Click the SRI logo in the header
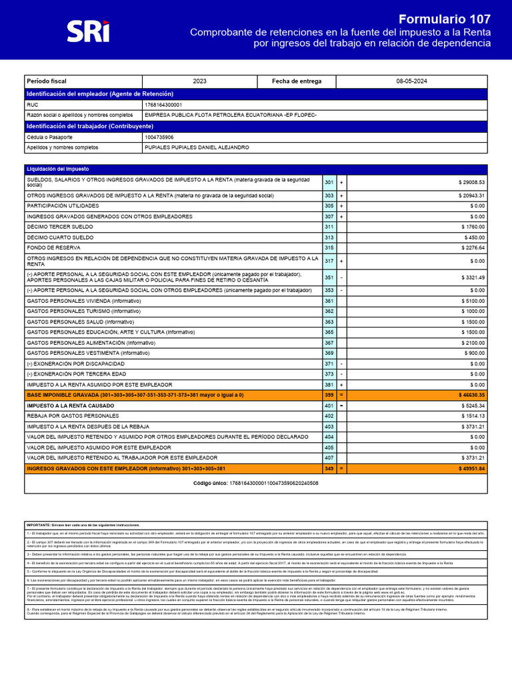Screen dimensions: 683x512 [88, 31]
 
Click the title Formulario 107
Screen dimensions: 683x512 [445, 19]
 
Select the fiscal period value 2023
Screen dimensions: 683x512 [199, 81]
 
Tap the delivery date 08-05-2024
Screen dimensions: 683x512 [411, 81]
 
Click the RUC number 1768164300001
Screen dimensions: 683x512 [163, 105]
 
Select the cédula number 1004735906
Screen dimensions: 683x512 [159, 137]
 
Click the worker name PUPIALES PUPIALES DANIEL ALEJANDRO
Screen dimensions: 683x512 [197, 147]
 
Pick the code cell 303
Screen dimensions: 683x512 [329, 195]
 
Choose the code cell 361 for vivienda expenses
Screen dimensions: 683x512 [329, 301]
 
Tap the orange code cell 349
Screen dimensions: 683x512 [329, 468]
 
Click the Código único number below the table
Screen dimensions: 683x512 [273, 482]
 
